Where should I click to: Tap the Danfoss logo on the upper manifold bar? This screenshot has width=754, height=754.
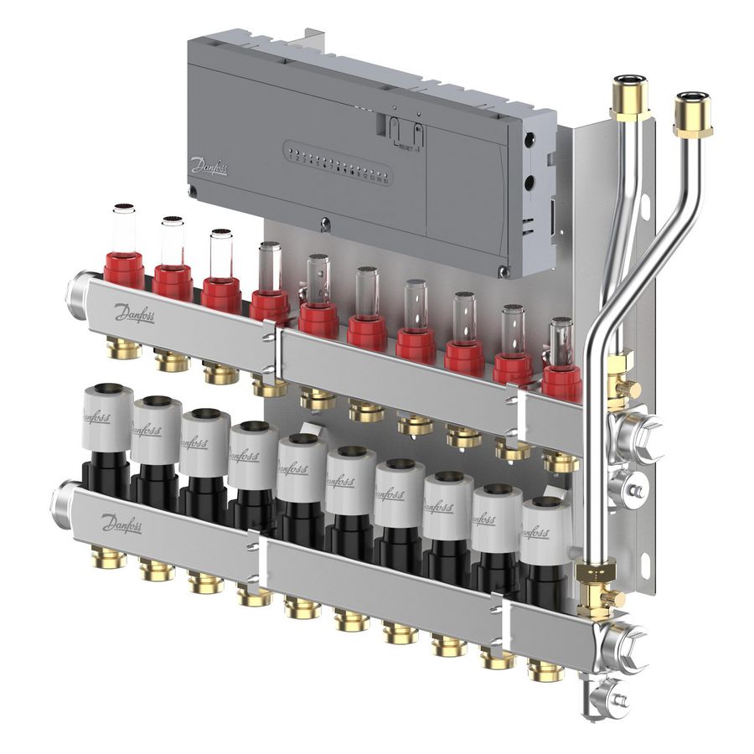pos(134,312)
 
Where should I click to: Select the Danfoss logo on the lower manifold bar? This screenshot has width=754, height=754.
pos(121,525)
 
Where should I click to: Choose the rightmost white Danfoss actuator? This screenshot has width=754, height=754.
pos(545,530)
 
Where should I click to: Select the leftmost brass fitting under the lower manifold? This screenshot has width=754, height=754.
pos(109,556)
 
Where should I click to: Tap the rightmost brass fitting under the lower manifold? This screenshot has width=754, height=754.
pos(546,669)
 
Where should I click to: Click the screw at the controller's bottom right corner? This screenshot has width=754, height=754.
pos(504,271)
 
